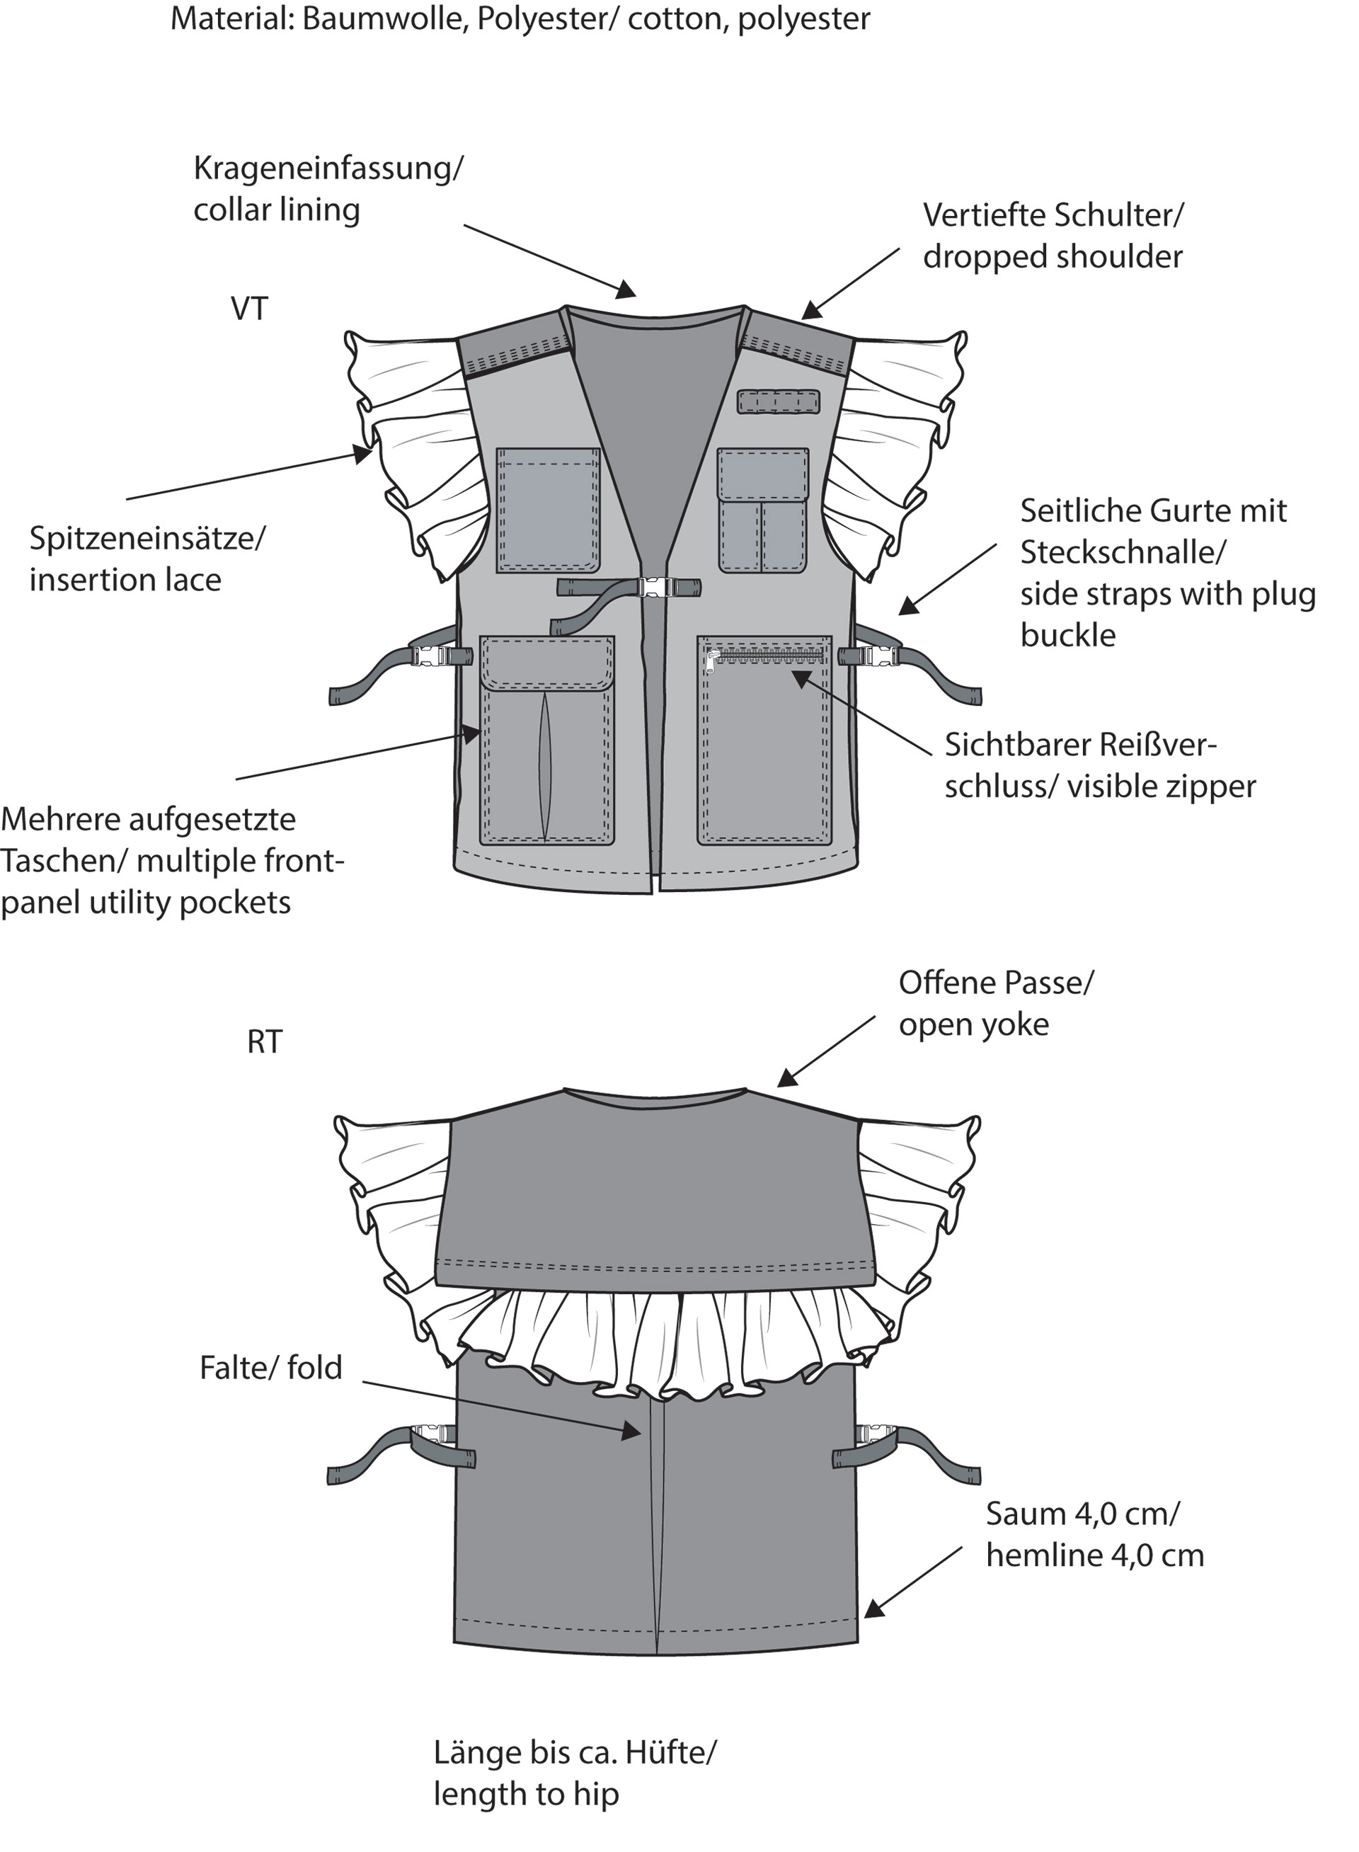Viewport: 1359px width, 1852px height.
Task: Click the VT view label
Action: tap(249, 309)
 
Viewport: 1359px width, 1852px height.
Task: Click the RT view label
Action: tap(264, 1041)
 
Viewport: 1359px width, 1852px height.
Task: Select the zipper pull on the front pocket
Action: tap(713, 663)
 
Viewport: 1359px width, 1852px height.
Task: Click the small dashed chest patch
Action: tap(778, 401)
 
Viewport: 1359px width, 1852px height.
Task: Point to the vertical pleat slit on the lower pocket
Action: tap(546, 766)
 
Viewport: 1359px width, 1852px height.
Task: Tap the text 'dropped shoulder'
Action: tap(1052, 257)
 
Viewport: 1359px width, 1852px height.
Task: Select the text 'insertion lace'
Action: tap(125, 580)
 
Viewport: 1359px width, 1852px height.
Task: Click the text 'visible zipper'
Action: tap(1161, 787)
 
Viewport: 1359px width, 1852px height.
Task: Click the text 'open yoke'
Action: tap(974, 1025)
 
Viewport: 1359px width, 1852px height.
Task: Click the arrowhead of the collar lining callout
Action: tap(627, 289)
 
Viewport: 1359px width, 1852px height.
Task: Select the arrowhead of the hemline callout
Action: tap(873, 1608)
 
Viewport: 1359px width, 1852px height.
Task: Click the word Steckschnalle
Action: tap(1122, 552)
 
